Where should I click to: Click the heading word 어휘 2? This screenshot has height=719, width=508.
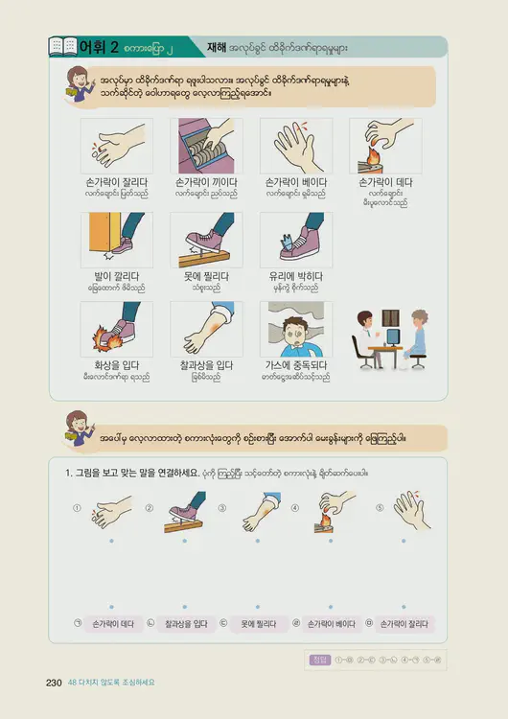(x=99, y=46)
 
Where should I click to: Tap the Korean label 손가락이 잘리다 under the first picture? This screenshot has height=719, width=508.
(x=116, y=182)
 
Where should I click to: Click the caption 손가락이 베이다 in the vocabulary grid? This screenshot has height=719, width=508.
(x=296, y=182)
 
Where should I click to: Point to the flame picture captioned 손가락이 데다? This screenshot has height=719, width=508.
(x=385, y=146)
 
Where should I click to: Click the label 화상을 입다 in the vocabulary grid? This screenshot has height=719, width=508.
(x=116, y=365)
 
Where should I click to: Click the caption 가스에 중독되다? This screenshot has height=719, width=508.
(x=296, y=365)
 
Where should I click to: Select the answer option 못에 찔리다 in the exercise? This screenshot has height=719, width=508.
(x=258, y=624)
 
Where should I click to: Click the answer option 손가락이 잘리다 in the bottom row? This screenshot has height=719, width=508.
(x=404, y=624)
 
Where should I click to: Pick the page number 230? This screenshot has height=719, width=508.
(x=54, y=683)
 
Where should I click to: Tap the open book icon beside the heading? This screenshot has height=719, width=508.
(x=62, y=46)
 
